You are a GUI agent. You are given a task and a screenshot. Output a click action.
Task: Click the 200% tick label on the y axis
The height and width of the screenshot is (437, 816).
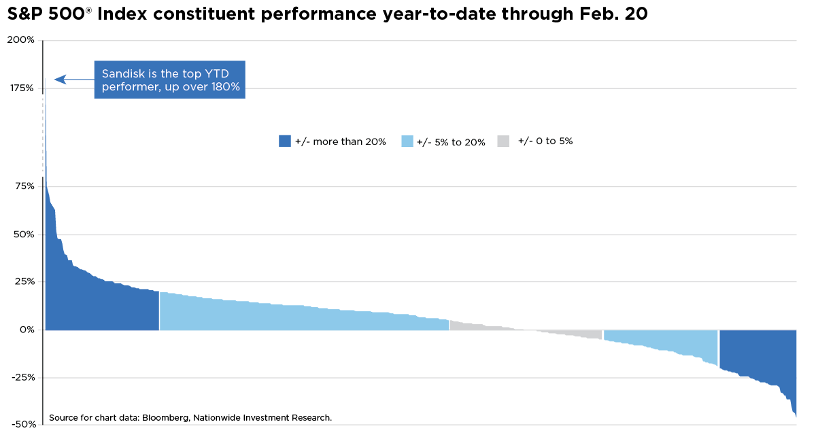coord(21,40)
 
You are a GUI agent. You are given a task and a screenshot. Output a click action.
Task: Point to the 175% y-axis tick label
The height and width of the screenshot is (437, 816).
coord(22,88)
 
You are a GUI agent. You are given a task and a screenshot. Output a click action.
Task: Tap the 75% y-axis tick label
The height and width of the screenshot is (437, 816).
coord(24,186)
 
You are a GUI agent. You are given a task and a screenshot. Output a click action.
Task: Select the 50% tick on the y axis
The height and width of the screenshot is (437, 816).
coord(23,234)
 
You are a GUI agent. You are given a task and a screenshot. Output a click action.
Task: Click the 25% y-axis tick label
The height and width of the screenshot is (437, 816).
coord(24,282)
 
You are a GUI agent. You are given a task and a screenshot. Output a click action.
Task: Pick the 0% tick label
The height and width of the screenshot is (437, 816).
coord(27,330)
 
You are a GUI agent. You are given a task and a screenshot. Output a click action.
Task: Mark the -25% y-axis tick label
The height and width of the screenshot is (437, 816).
coord(22,378)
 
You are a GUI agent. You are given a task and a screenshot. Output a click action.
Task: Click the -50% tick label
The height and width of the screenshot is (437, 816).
coord(22,424)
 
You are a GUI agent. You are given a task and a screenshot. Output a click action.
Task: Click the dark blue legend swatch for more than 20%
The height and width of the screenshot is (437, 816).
coord(285,141)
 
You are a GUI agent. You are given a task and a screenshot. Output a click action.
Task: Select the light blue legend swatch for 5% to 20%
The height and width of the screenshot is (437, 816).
coord(408,141)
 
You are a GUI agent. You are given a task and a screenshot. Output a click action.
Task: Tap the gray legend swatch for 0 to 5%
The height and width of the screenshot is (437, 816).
coord(503,141)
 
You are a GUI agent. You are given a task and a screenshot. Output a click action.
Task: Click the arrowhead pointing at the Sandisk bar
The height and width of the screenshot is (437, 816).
coord(59,80)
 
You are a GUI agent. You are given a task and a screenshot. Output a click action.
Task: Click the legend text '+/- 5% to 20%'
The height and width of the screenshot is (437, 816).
coord(451,142)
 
